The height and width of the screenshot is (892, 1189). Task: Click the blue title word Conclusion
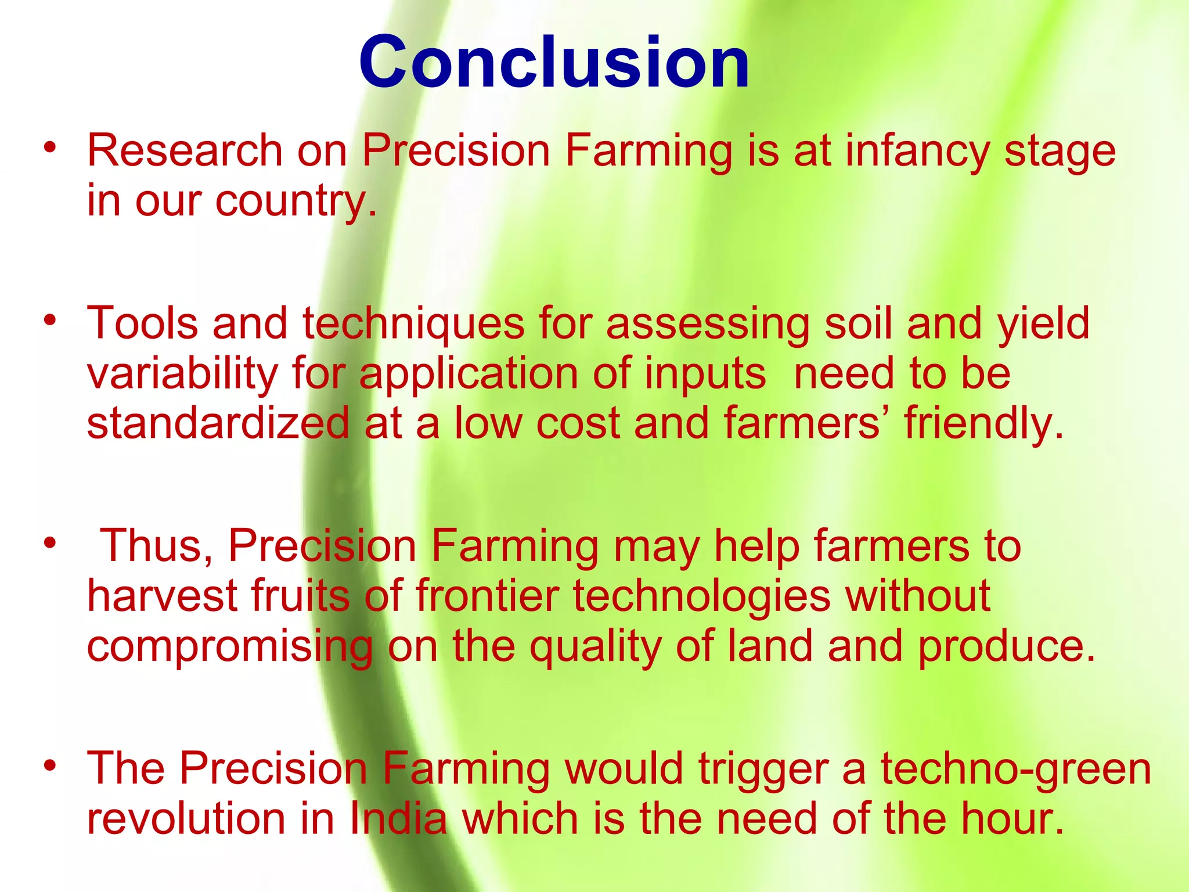pos(554,62)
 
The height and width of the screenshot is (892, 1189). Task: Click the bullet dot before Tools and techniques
pos(51,320)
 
